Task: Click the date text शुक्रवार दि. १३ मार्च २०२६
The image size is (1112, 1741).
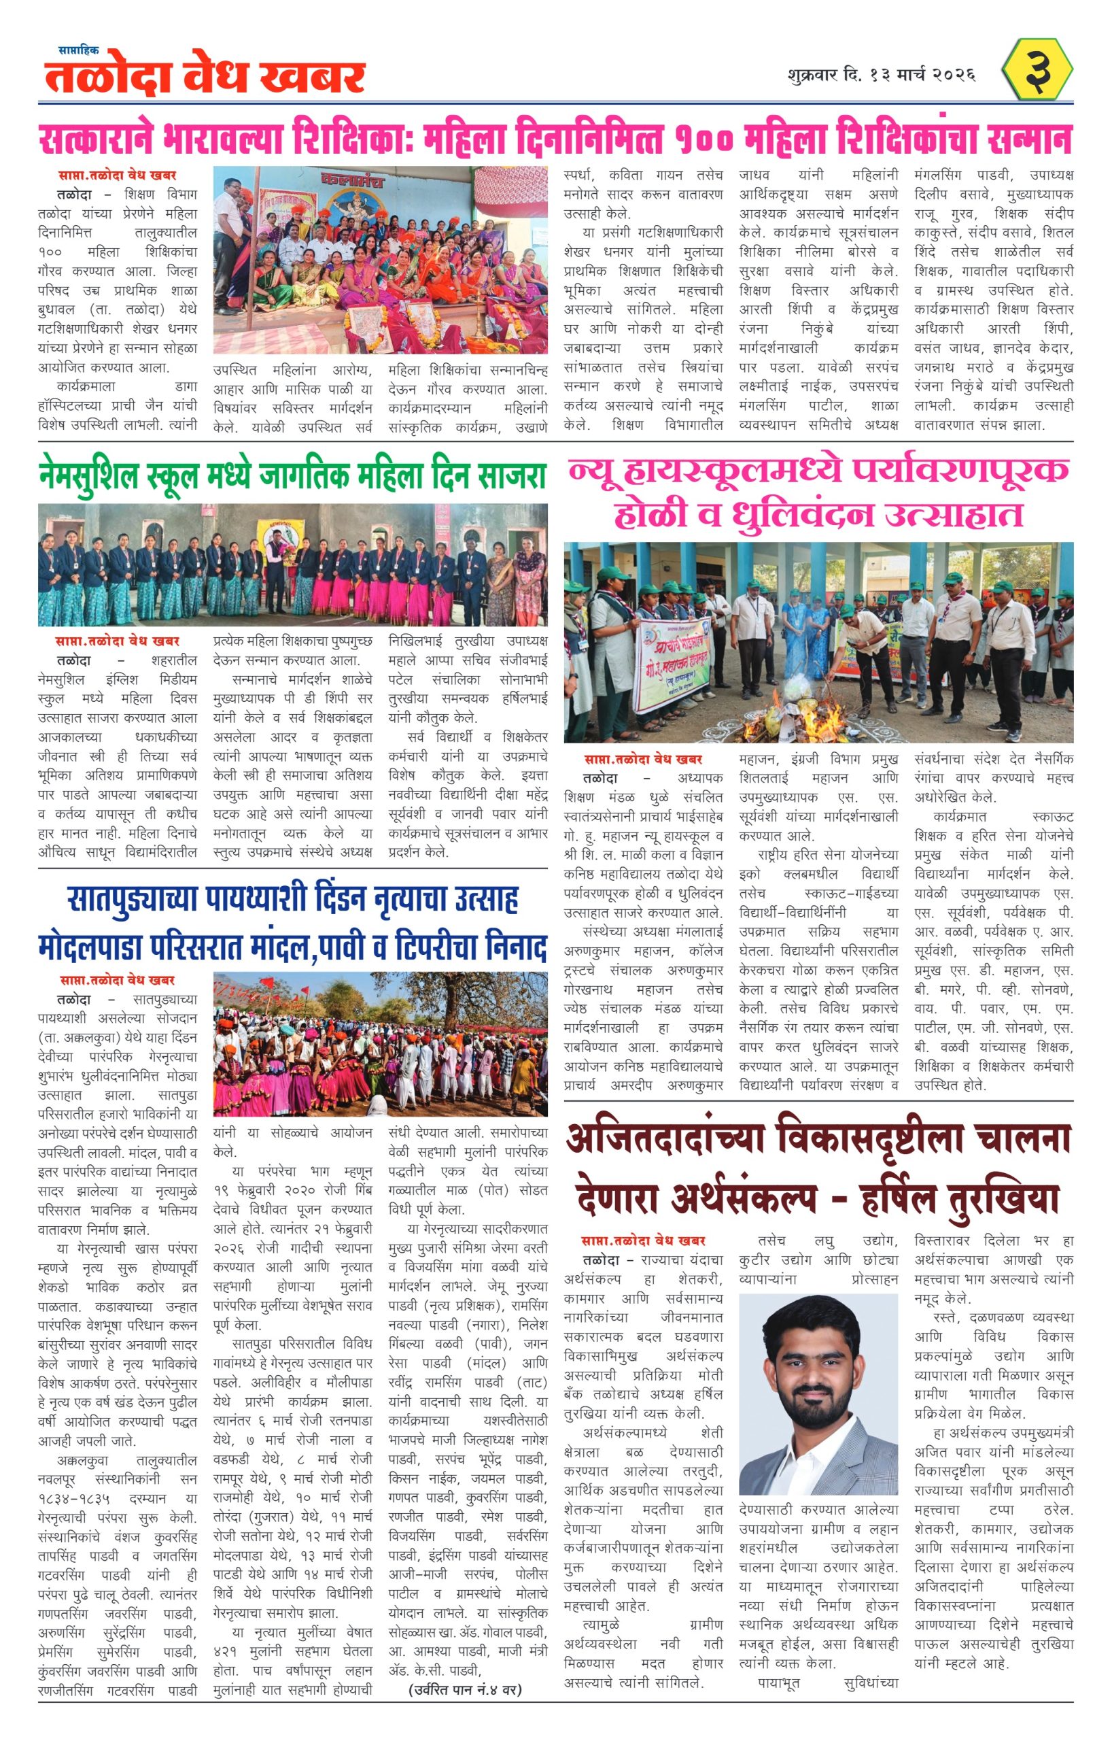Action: tap(882, 75)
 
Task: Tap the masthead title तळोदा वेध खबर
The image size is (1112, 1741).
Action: tap(205, 77)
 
